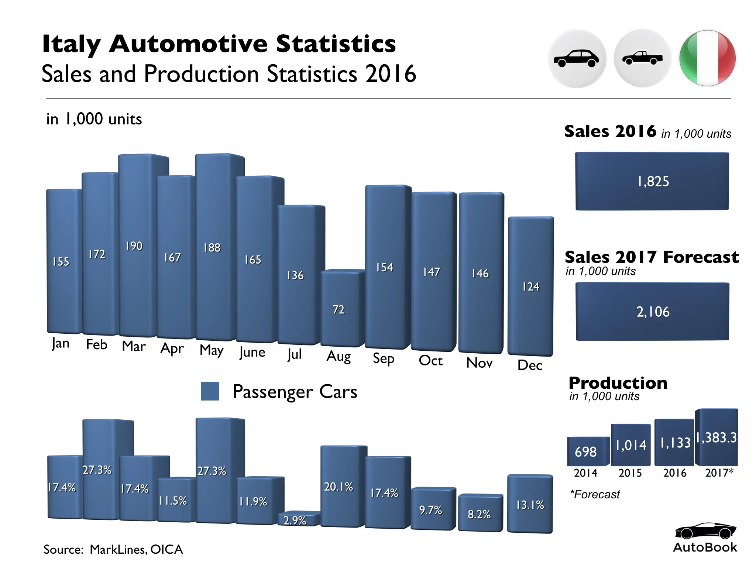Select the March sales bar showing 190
(134, 245)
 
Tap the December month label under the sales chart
(529, 365)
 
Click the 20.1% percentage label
(339, 487)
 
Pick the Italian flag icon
(707, 58)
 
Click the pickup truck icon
(642, 58)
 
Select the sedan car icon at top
(577, 58)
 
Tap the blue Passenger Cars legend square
(210, 391)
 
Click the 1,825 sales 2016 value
(653, 181)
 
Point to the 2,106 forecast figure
(653, 312)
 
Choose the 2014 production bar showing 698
(586, 451)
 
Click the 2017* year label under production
(719, 473)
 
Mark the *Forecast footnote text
(595, 494)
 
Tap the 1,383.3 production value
(717, 438)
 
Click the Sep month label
(384, 358)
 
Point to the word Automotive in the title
(188, 44)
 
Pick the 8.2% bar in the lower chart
(480, 513)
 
